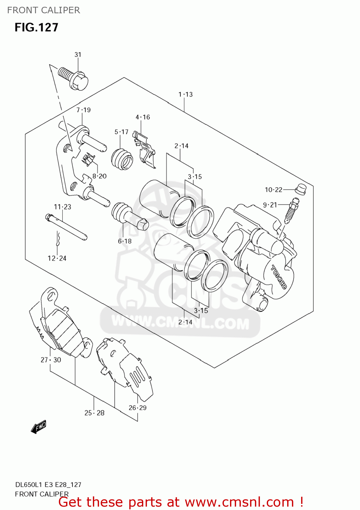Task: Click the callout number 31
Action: [x=78, y=55]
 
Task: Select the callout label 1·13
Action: [x=185, y=95]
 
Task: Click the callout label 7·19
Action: [x=83, y=110]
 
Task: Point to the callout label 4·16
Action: [x=143, y=117]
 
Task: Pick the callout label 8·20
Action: [x=99, y=176]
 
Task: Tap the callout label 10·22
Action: [x=274, y=190]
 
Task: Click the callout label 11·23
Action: [x=63, y=207]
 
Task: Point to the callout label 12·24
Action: [x=57, y=258]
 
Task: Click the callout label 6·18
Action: [x=125, y=241]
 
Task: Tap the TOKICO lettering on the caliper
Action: [x=279, y=277]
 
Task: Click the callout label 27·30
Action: [x=51, y=360]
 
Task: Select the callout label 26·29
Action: [x=137, y=408]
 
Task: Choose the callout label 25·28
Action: [x=94, y=413]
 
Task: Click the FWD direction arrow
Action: [x=38, y=427]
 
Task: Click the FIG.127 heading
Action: [x=36, y=27]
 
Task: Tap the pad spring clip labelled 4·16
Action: [x=145, y=150]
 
